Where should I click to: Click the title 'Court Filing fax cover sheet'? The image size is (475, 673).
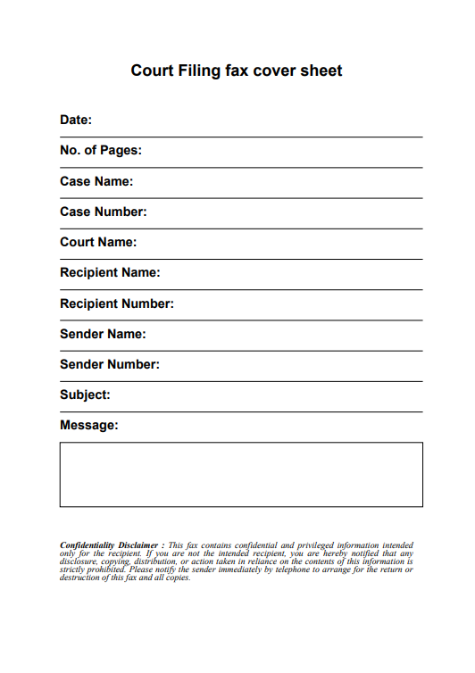237,71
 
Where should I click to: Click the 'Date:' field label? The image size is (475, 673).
76,120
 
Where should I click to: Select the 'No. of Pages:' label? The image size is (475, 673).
101,150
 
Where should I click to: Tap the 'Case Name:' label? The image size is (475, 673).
96,181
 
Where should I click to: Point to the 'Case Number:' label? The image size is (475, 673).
103,212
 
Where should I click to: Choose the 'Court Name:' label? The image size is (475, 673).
98,242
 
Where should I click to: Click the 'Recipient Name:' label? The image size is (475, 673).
110,272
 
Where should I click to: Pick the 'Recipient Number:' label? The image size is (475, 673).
117,303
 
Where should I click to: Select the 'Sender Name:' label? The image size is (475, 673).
103,334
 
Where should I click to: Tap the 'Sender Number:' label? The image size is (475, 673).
110,364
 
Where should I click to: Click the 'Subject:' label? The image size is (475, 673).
85,395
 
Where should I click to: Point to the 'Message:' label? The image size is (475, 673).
88,425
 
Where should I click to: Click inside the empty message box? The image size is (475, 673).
241,474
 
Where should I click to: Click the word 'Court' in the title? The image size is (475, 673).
152,71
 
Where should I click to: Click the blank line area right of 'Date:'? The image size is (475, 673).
259,121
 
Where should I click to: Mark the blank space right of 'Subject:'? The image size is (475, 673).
268,396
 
